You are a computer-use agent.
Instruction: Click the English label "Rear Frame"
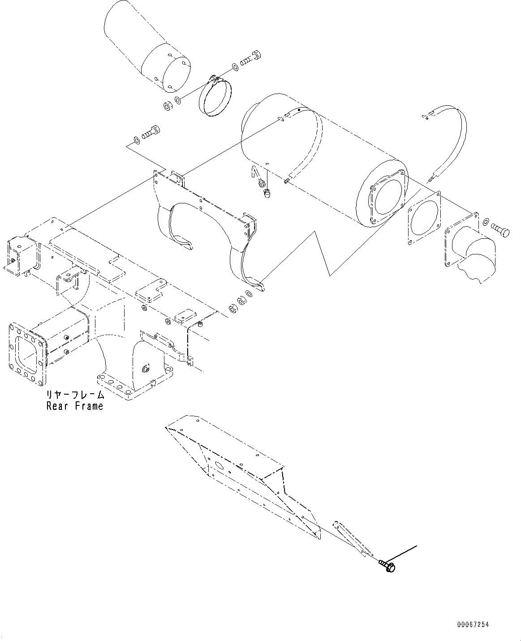tap(74, 406)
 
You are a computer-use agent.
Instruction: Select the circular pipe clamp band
tap(214, 97)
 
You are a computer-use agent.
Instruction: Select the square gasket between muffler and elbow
tap(423, 219)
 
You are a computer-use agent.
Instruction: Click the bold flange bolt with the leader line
tap(387, 566)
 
